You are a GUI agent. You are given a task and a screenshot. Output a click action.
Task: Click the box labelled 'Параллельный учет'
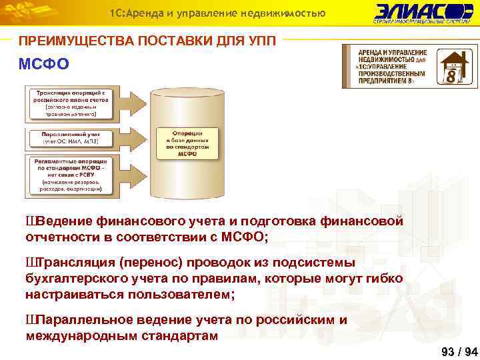click(x=65, y=137)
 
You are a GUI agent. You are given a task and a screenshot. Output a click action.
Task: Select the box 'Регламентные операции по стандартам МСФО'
click(x=65, y=175)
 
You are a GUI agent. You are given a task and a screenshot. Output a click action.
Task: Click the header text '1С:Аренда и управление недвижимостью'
click(x=217, y=13)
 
